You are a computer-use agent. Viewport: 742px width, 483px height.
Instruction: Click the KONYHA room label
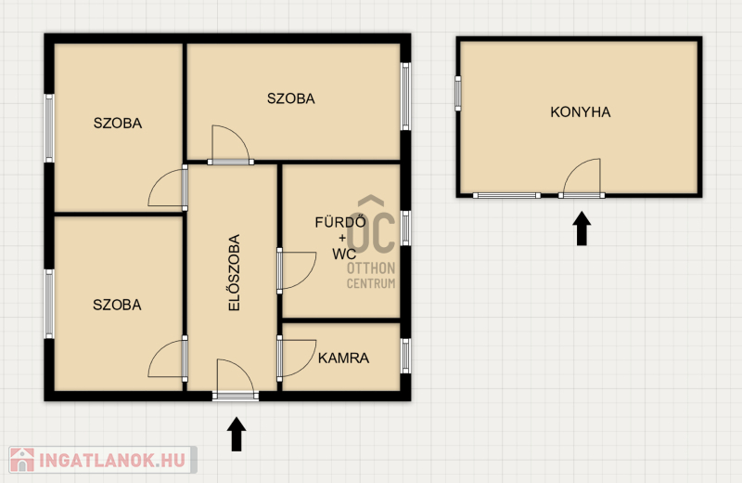[581, 112]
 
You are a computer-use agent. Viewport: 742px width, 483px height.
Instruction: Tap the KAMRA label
[343, 358]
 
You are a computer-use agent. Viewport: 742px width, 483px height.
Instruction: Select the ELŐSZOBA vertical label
[235, 272]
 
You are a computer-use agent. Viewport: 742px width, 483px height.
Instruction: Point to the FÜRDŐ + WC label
[340, 238]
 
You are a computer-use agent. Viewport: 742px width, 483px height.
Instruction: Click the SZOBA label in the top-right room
[290, 98]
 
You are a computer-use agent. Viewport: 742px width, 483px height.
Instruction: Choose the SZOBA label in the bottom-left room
[117, 305]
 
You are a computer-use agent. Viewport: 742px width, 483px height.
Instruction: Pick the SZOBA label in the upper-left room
[118, 124]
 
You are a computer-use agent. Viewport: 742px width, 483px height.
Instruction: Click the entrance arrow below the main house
[237, 434]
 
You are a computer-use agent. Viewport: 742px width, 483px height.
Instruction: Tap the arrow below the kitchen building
[582, 228]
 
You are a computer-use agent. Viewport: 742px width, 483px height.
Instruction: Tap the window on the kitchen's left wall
[458, 94]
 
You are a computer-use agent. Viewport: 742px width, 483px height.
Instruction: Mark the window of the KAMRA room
[405, 356]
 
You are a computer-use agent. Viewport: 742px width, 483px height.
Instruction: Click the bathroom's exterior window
[405, 228]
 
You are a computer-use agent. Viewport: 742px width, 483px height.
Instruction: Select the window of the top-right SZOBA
[405, 97]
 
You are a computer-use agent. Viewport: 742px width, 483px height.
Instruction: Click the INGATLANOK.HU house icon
[22, 461]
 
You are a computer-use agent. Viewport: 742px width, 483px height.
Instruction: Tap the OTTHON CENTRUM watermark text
[371, 275]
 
